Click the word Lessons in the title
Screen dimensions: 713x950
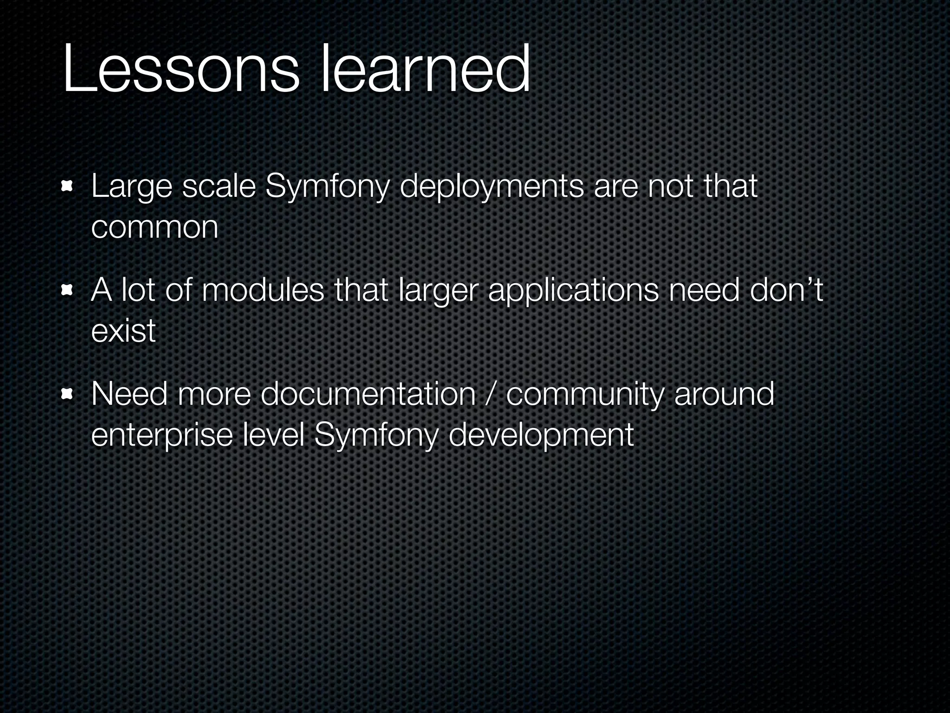pyautogui.click(x=181, y=70)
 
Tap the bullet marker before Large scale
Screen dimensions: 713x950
pyautogui.click(x=68, y=187)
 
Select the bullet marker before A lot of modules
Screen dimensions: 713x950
pyautogui.click(x=68, y=291)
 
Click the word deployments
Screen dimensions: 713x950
pyautogui.click(x=491, y=188)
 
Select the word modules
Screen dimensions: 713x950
pyautogui.click(x=263, y=291)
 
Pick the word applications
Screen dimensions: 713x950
pyautogui.click(x=573, y=292)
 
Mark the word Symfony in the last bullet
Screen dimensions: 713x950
pyautogui.click(x=376, y=436)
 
